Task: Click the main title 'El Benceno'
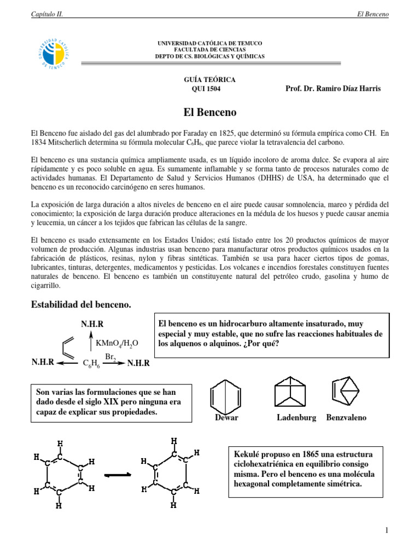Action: pos(209,113)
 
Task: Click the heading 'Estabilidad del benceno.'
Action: pos(81,305)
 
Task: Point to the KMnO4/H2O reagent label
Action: pos(117,343)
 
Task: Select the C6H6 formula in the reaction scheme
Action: pos(91,363)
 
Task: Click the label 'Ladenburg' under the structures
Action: pos(296,418)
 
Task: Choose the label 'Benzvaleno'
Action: pos(346,418)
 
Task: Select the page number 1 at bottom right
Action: pos(386,530)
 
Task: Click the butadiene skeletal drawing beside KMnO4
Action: pos(73,346)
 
